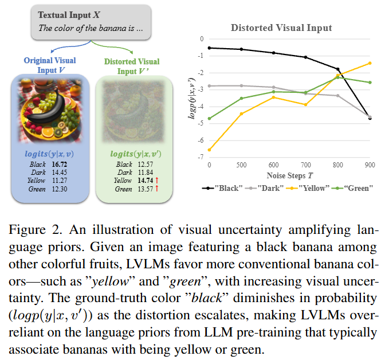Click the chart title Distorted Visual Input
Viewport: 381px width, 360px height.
pyautogui.click(x=281, y=28)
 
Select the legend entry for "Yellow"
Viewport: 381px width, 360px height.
pyautogui.click(x=308, y=188)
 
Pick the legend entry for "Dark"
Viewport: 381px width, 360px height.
pyautogui.click(x=264, y=188)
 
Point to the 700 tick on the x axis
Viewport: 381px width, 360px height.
pyautogui.click(x=306, y=165)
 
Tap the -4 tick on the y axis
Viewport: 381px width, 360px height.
pyautogui.click(x=202, y=107)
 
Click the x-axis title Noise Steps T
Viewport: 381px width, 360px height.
pyautogui.click(x=290, y=175)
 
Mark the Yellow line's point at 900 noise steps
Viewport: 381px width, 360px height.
pyautogui.click(x=370, y=63)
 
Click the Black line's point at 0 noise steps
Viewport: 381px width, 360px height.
pyautogui.click(x=210, y=48)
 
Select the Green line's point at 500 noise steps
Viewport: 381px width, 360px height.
pyautogui.click(x=242, y=98)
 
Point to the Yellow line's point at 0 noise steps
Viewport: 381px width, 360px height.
pyautogui.click(x=210, y=150)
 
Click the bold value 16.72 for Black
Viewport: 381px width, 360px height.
pyautogui.click(x=59, y=165)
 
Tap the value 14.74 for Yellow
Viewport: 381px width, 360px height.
pyautogui.click(x=146, y=181)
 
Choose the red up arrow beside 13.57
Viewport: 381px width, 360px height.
pyautogui.click(x=157, y=189)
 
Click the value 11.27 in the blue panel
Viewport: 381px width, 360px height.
pyautogui.click(x=60, y=181)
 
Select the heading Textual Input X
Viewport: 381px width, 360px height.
pyautogui.click(x=69, y=15)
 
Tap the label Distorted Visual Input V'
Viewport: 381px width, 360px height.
pyautogui.click(x=132, y=66)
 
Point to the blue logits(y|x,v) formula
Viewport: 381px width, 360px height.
pyautogui.click(x=49, y=154)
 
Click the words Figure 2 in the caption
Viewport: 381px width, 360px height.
pyautogui.click(x=36, y=230)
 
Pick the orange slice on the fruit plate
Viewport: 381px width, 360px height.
pyautogui.click(x=48, y=132)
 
